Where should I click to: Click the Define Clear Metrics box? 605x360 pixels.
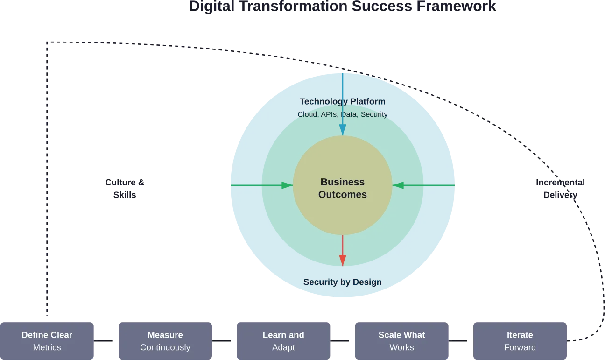pos(47,341)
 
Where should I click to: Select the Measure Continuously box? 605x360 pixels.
pos(165,341)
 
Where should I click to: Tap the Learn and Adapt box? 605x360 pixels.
pos(283,341)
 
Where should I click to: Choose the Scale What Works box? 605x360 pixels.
pos(401,341)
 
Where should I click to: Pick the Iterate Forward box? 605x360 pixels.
pos(520,341)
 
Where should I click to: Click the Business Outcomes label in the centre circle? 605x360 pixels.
pos(342,188)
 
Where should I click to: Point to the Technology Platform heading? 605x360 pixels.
pos(342,102)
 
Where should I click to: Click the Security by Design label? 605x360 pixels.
pos(342,282)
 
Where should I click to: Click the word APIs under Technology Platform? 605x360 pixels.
pos(330,114)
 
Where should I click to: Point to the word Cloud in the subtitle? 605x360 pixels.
pos(308,114)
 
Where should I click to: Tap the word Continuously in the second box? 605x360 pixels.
pos(165,347)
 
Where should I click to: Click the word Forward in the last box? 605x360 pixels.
pos(520,347)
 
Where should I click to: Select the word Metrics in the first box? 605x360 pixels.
pos(47,347)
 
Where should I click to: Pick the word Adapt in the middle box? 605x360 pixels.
pos(283,347)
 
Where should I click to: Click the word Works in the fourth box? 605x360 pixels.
pos(401,347)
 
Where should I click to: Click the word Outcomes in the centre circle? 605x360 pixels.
pos(342,195)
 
